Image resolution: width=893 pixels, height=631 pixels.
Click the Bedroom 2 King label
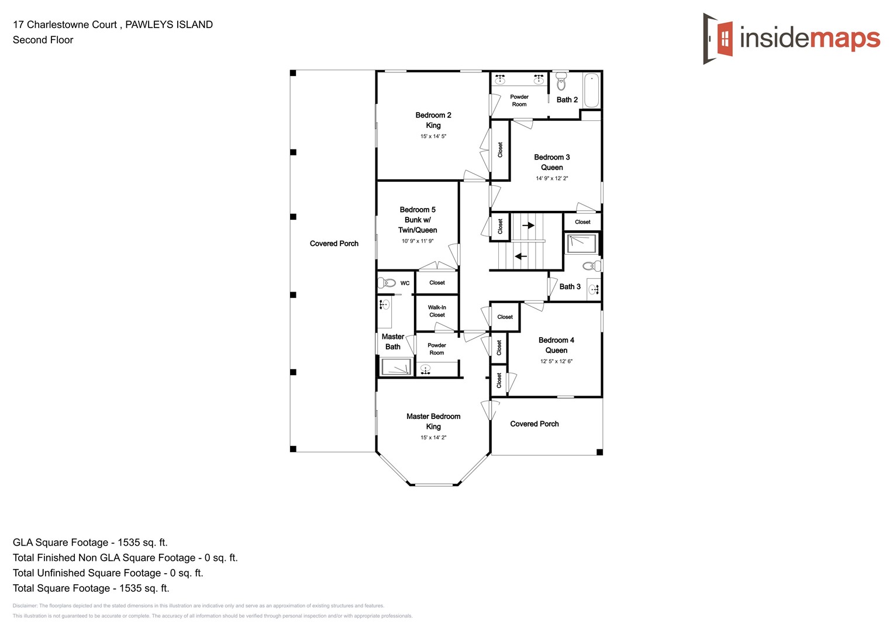[x=433, y=120]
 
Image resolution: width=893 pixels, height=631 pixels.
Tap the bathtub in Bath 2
[x=591, y=90]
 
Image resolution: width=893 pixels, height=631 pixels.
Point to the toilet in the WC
[x=387, y=283]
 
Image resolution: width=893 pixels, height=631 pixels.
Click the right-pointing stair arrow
[x=528, y=226]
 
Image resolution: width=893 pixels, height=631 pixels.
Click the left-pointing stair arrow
[x=520, y=256]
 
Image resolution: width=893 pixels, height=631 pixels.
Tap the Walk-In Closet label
[x=437, y=311]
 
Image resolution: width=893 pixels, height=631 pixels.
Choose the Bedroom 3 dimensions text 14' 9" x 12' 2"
[x=551, y=178]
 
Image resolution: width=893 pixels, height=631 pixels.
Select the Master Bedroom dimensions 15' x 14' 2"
[x=433, y=438]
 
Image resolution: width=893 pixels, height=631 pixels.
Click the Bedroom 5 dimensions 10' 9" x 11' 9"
[x=417, y=241]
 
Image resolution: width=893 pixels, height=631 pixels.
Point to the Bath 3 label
[x=570, y=286]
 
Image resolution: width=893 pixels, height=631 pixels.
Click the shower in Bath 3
[x=582, y=244]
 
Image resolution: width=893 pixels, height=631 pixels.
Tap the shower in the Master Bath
[x=396, y=367]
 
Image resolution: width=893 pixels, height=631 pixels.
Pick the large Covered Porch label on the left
[x=334, y=244]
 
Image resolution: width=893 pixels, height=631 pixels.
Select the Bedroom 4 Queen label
[x=556, y=345]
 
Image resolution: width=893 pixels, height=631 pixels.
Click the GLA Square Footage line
[x=90, y=542]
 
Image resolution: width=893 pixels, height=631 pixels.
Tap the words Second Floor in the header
[x=43, y=40]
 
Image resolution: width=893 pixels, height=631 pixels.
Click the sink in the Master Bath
[x=384, y=304]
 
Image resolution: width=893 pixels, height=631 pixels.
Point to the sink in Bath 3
[x=594, y=289]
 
